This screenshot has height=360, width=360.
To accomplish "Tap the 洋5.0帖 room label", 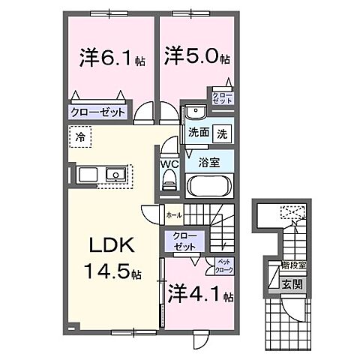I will pyautogui.click(x=196, y=56).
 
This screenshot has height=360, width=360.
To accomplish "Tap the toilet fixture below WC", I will pyautogui.click(x=169, y=182).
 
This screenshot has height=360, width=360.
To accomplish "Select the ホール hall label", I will pyautogui.click(x=173, y=214).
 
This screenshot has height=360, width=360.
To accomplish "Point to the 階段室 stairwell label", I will pyautogui.click(x=289, y=266).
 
